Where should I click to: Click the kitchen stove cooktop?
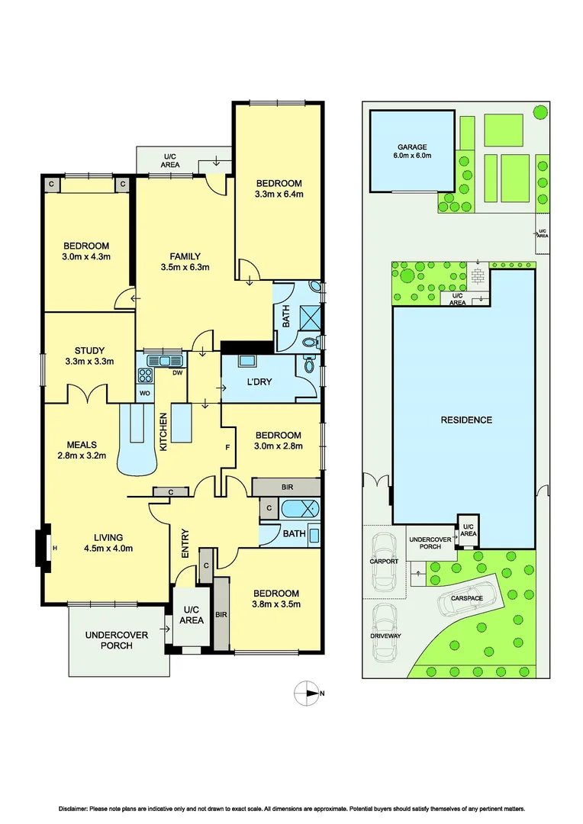point(145,375)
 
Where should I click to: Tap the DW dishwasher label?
point(176,373)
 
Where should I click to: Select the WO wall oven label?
point(144,393)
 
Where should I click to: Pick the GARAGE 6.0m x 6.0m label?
point(412,151)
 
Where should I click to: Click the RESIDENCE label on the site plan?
point(466,420)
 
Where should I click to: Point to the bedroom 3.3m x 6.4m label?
point(279,188)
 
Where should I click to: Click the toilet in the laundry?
point(309,365)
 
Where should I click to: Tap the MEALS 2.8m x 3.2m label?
point(84,450)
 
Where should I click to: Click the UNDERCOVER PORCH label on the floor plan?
point(109,639)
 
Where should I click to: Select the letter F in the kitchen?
point(227,446)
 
